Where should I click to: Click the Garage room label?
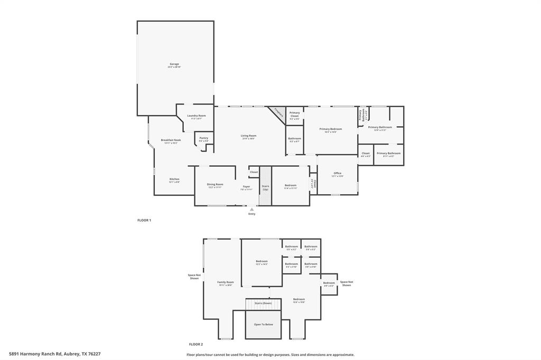174,64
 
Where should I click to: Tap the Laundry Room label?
196,116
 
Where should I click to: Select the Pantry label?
203,138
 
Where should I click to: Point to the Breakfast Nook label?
171,140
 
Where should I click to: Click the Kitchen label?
174,179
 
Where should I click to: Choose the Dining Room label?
214,185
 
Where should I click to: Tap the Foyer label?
246,186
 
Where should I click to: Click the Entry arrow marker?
251,210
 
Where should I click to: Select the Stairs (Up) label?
265,187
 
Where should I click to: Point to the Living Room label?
249,136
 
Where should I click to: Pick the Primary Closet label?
294,114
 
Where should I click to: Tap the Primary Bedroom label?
331,129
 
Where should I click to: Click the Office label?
337,174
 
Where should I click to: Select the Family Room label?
226,282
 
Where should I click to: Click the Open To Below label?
263,325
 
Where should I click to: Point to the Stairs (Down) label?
263,304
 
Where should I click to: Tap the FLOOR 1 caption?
144,220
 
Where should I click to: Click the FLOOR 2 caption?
196,344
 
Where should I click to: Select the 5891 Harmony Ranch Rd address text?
55,354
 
